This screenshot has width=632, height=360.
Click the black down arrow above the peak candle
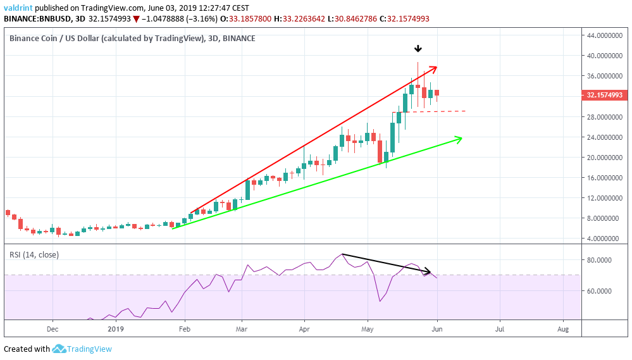[x=418, y=49]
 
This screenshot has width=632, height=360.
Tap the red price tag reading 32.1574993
[x=604, y=96]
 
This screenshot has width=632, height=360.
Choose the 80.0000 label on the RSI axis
[x=600, y=259]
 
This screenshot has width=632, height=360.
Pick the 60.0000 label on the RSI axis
[x=600, y=291]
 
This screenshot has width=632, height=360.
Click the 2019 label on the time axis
[x=116, y=329]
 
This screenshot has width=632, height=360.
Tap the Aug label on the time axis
[x=562, y=329]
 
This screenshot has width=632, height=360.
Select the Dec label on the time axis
[x=53, y=329]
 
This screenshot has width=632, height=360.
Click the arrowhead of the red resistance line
[x=435, y=67]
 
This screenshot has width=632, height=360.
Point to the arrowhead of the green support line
[x=459, y=138]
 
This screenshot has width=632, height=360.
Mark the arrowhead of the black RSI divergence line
[x=428, y=273]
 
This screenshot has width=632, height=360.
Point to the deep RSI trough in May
[x=380, y=301]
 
